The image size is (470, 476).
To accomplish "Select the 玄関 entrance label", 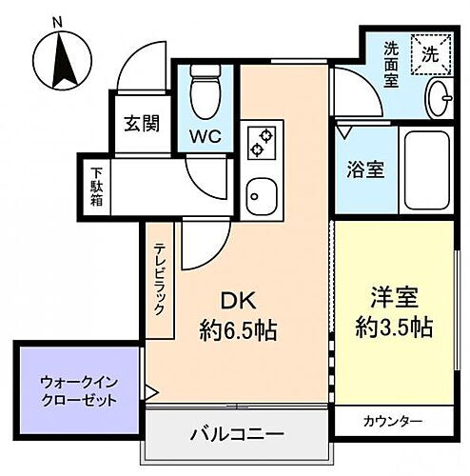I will coord(141,125).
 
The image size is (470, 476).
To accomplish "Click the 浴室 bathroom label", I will coord(363,170).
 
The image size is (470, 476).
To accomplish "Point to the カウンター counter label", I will coord(393,421).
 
